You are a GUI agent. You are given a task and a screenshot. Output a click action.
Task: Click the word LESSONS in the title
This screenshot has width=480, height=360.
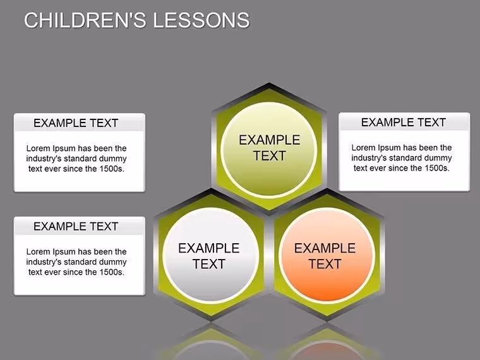point(201,20)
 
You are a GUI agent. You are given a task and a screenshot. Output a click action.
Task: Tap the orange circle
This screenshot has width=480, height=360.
point(327,255)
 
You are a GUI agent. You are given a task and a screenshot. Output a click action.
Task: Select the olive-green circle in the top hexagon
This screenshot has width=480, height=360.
point(269,149)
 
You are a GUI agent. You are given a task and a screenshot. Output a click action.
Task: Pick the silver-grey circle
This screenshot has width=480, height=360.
point(211,255)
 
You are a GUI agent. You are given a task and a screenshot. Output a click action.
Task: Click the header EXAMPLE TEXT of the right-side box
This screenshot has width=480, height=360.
point(404,123)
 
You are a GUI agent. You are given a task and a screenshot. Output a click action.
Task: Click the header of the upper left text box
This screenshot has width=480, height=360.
point(76,123)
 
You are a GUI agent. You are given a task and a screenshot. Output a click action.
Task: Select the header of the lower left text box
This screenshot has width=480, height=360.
point(76,227)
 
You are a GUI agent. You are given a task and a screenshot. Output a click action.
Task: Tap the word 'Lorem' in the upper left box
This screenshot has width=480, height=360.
point(39,148)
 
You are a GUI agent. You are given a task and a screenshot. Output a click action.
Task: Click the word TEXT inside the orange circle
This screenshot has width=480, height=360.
point(325,264)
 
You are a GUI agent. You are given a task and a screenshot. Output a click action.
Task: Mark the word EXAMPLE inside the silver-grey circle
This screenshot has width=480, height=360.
point(209,248)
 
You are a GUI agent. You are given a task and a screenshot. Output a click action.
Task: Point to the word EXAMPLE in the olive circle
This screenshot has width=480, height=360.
point(270,140)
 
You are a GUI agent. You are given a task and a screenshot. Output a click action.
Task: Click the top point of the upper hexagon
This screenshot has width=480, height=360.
point(269,83)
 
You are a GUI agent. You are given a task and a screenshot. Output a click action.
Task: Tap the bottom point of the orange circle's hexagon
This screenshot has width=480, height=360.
point(327,321)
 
